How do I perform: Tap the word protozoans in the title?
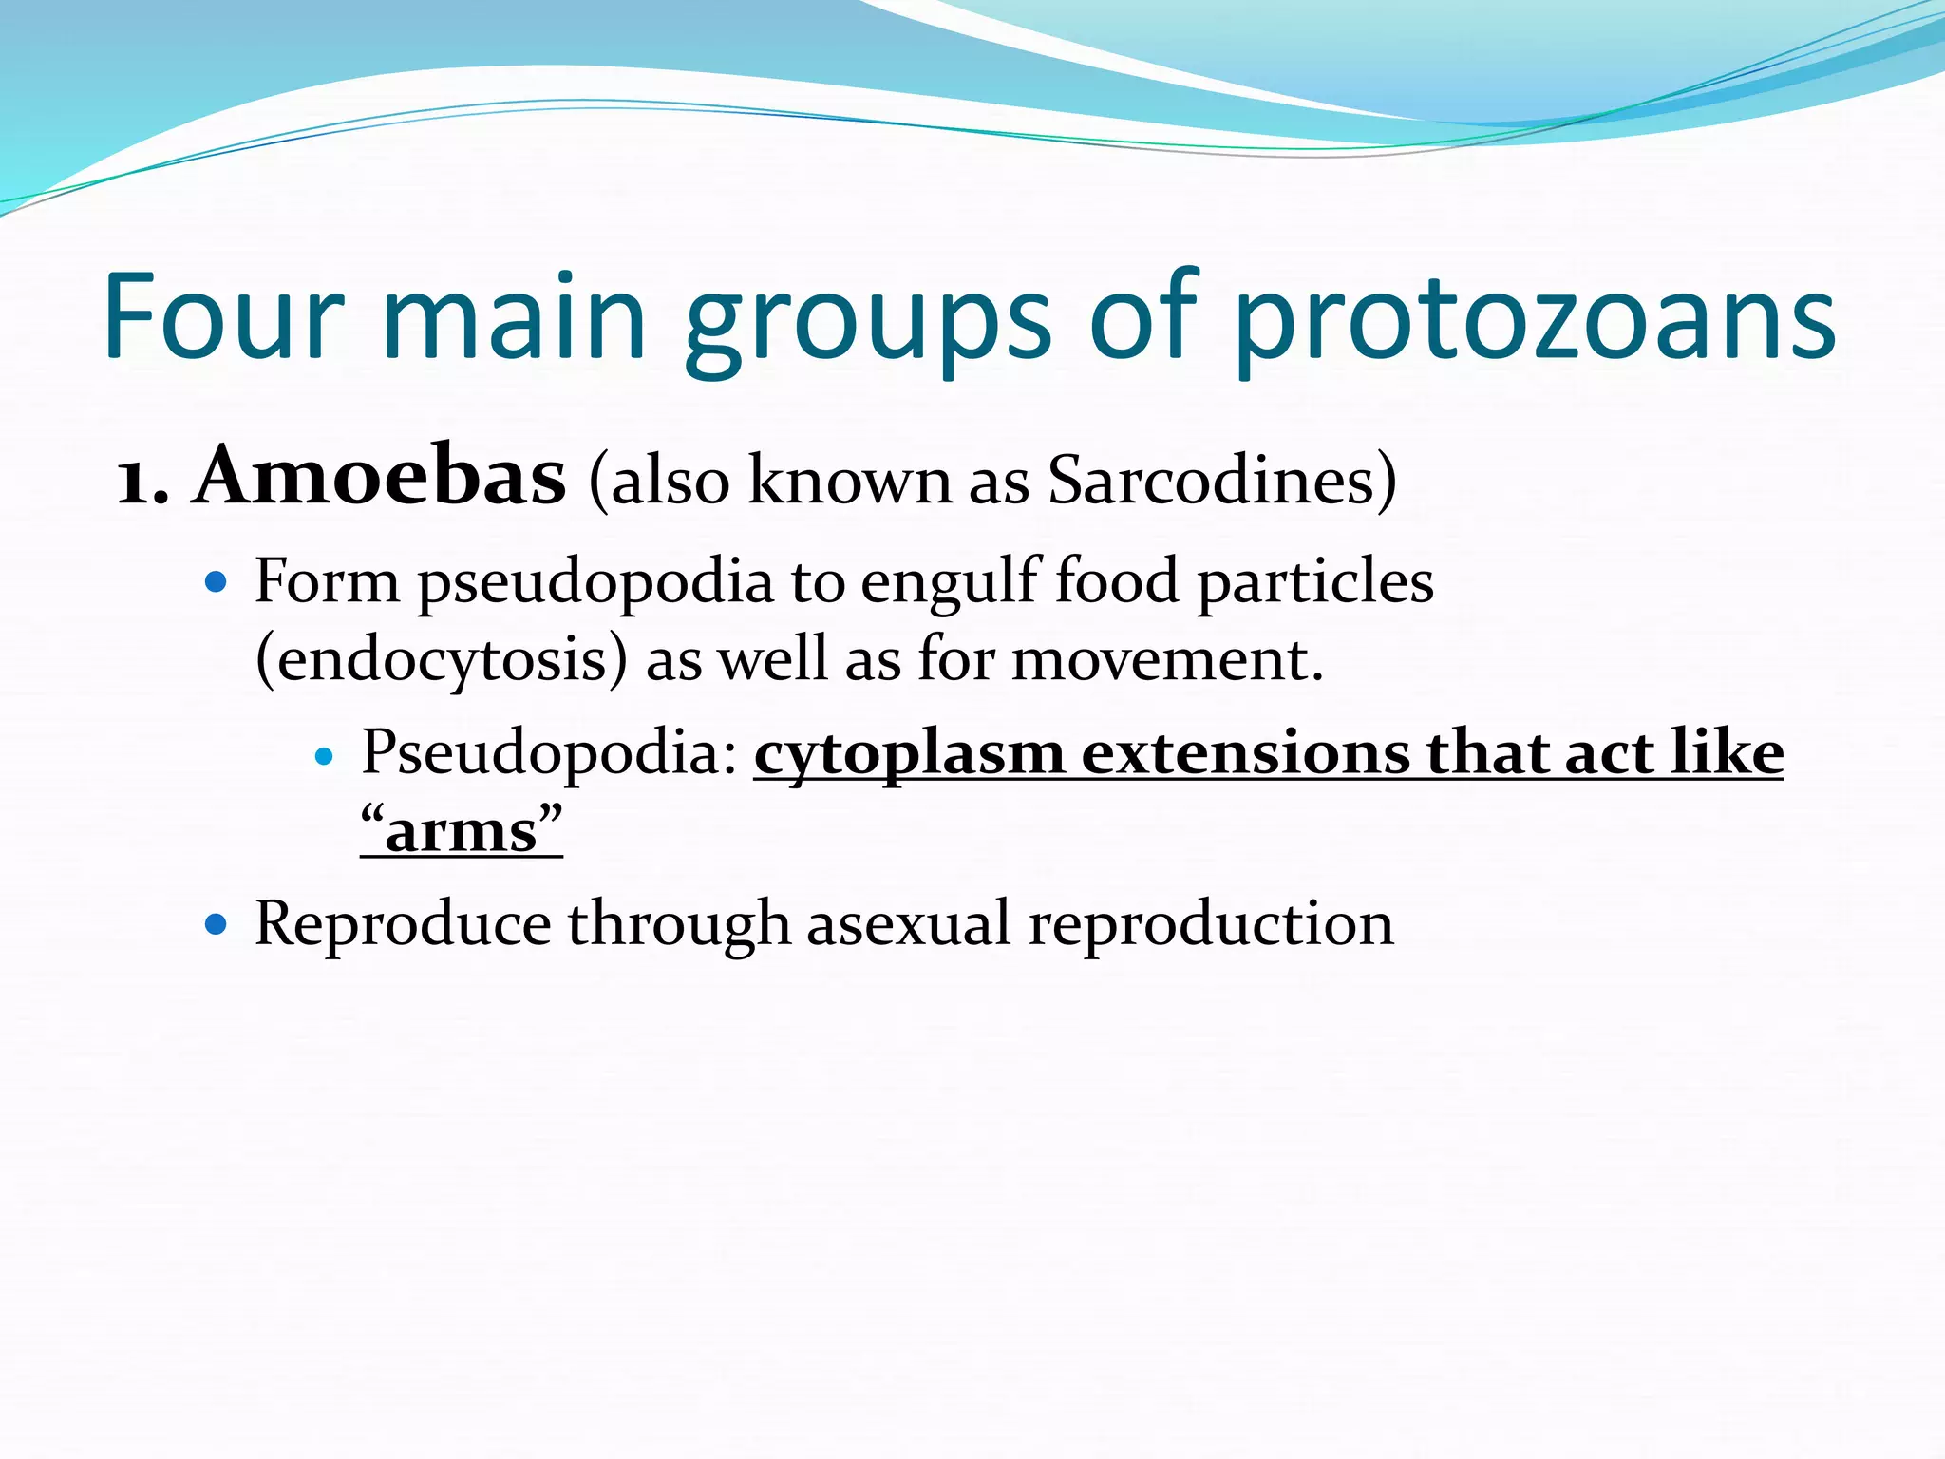coord(1534,323)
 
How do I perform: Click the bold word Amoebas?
coord(380,477)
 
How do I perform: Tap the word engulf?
coord(949,581)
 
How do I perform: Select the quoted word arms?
coord(462,830)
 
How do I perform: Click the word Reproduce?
coord(403,923)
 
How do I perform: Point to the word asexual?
coord(909,923)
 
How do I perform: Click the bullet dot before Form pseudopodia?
coord(217,581)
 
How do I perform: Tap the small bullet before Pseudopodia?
coord(325,756)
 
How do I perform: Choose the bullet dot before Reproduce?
coord(217,923)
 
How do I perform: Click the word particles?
coord(1314,581)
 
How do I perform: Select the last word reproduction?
coord(1211,923)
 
